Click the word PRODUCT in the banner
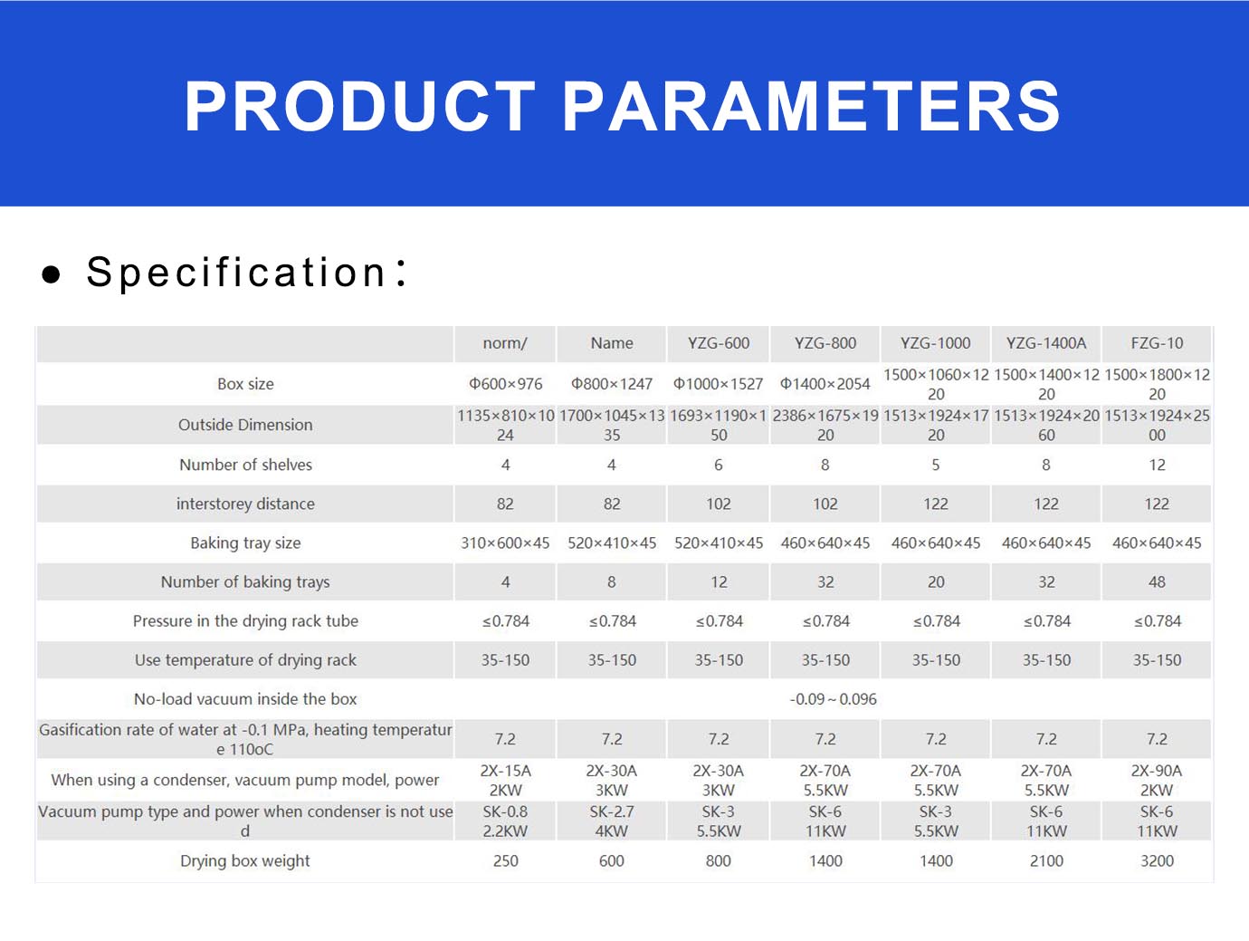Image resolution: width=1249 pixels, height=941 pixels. click(x=359, y=106)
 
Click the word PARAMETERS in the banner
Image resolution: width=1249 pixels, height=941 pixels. click(x=812, y=106)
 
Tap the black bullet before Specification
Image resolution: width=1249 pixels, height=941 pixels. click(x=52, y=274)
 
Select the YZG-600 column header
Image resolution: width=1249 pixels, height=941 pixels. click(x=718, y=343)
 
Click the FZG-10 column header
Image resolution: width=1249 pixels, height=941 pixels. click(x=1157, y=343)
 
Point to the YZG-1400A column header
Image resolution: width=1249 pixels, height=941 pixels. click(x=1046, y=343)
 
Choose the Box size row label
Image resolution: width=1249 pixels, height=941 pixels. click(x=245, y=384)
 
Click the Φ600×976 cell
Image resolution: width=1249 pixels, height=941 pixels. click(x=505, y=384)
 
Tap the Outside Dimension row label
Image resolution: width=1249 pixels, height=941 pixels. click(x=245, y=425)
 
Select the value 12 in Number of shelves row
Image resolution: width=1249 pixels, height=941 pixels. click(x=1157, y=466)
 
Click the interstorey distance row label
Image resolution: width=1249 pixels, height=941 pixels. click(x=245, y=504)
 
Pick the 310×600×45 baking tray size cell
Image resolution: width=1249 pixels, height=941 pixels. click(x=505, y=543)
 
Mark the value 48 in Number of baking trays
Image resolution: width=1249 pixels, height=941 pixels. click(x=1157, y=581)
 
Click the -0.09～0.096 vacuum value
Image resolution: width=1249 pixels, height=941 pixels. click(x=833, y=699)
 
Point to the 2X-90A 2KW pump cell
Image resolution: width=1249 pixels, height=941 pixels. click(x=1157, y=781)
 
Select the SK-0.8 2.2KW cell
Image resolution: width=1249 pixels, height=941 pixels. click(x=505, y=821)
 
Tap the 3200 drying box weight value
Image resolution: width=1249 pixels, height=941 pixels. click(x=1157, y=860)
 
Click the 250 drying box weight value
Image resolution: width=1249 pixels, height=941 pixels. click(x=505, y=860)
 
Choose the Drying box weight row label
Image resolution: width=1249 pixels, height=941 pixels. click(x=245, y=860)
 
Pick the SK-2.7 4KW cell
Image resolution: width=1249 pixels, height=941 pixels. click(x=612, y=821)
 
